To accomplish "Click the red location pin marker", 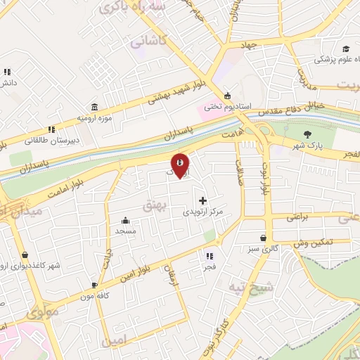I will [180, 165].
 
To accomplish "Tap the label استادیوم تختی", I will [222, 107].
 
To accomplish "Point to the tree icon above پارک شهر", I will [306, 134].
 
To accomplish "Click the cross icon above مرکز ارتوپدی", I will [203, 200].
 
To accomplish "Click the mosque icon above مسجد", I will [125, 219].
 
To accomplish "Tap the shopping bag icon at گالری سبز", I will [263, 238].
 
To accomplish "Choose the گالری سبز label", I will [262, 248].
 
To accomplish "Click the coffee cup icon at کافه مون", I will [95, 285].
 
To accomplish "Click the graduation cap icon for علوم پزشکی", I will [345, 49].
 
